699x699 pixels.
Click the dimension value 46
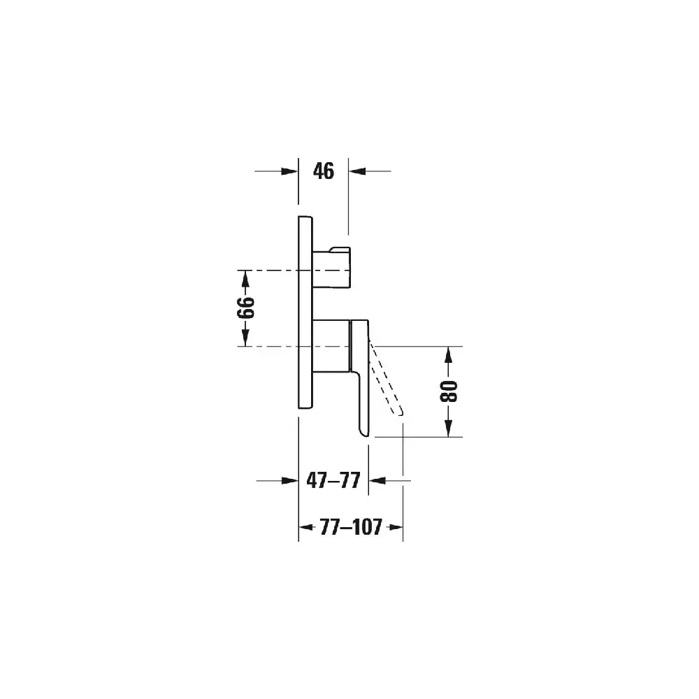323,171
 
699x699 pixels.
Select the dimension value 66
245,308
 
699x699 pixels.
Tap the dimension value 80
449,391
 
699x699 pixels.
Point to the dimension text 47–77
333,481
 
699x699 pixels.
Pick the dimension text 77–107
351,527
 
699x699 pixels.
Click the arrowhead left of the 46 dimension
290,171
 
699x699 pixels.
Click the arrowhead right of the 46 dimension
357,171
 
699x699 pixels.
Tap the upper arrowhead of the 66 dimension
245,279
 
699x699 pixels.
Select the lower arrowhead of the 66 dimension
245,338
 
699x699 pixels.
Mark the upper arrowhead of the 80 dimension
449,355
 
